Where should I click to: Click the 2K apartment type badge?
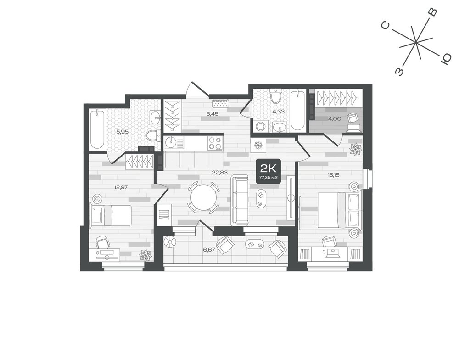268,171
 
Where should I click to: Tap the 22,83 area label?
219,173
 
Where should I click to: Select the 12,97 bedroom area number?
122,186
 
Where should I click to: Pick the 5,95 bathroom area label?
123,132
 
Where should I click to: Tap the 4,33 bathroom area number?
278,112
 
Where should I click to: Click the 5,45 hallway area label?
213,114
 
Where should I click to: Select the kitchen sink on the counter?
171,143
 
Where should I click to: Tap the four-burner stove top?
215,143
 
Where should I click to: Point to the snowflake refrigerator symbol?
258,145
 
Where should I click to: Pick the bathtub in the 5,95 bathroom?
97,129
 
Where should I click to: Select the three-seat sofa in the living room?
240,201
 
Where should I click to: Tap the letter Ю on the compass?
446,59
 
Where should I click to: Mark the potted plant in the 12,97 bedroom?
146,255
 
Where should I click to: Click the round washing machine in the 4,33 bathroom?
261,127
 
